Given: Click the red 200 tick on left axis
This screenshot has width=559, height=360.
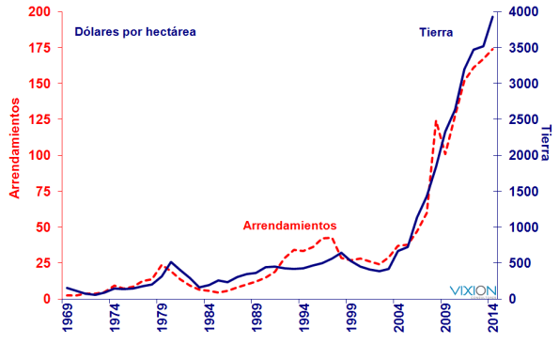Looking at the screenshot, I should pos(40,11).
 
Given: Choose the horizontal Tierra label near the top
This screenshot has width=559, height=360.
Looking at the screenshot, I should pos(438,32).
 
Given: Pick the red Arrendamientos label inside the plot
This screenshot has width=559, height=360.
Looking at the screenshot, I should pos(289,226).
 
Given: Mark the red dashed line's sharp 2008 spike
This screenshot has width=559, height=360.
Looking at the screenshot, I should pos(436,121).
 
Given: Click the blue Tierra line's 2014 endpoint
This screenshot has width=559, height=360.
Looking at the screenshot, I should pos(493,16).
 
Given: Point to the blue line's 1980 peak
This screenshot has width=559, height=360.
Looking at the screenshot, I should pos(170,262).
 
